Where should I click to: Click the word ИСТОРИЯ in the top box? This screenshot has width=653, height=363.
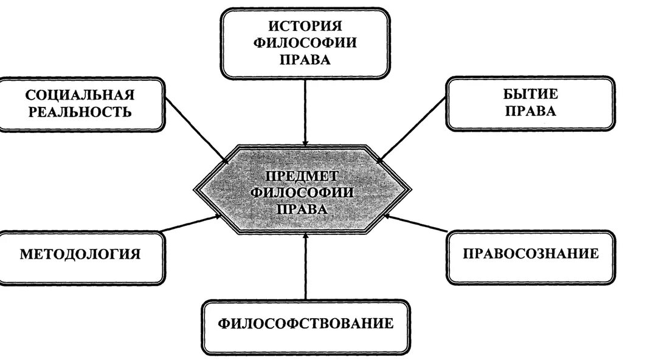point(305,26)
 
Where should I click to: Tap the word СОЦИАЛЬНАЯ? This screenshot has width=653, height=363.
point(80,95)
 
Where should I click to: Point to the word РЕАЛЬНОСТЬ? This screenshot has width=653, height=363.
point(79,112)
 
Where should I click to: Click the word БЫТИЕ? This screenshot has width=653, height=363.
point(530,94)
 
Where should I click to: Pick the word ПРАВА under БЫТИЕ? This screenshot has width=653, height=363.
point(530,111)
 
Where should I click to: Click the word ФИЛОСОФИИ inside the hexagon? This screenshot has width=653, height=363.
point(302,192)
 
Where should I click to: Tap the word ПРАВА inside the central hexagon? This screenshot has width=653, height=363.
point(302,208)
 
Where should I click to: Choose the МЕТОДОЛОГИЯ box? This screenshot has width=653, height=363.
point(80,254)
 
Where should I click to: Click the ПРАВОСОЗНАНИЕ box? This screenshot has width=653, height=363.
point(530,254)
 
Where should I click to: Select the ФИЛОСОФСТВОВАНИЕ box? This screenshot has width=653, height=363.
point(305,324)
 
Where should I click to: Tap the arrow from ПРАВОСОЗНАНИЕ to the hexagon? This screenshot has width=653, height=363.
point(417,223)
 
